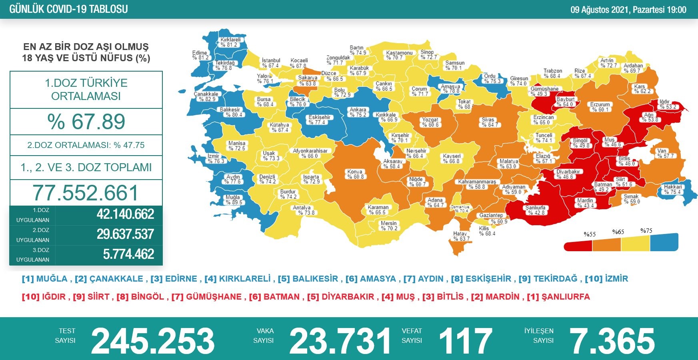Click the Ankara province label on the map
(x=358, y=112)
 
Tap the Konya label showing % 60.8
(x=355, y=174)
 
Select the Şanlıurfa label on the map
(x=535, y=210)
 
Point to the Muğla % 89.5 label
(x=233, y=200)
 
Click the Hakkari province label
(x=673, y=189)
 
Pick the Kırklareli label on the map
(x=230, y=42)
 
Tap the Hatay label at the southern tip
(x=460, y=236)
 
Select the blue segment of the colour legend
(x=664, y=242)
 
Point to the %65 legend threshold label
(x=618, y=232)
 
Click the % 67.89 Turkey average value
(x=86, y=122)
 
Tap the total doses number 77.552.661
(x=86, y=193)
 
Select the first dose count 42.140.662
(x=125, y=214)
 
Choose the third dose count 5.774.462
(x=128, y=254)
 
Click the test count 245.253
(x=152, y=341)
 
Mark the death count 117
(x=465, y=341)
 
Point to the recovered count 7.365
(x=612, y=341)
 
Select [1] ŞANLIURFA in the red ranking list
(x=558, y=297)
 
